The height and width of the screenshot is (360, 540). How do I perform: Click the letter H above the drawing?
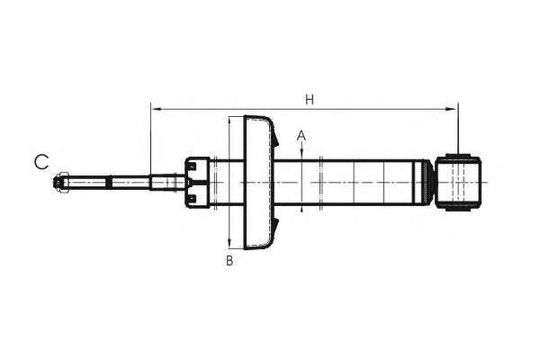310,100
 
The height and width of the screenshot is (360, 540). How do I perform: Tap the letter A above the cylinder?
301,136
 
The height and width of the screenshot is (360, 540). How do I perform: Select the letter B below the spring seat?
229,261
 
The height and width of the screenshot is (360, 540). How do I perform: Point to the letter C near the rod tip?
41,162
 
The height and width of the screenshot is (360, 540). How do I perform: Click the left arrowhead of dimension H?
157,109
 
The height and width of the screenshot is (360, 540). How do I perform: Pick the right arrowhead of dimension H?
452,109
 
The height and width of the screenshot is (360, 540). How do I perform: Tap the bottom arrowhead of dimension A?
301,209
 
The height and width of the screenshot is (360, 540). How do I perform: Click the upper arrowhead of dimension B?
229,121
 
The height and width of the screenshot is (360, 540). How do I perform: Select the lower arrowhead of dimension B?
229,243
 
